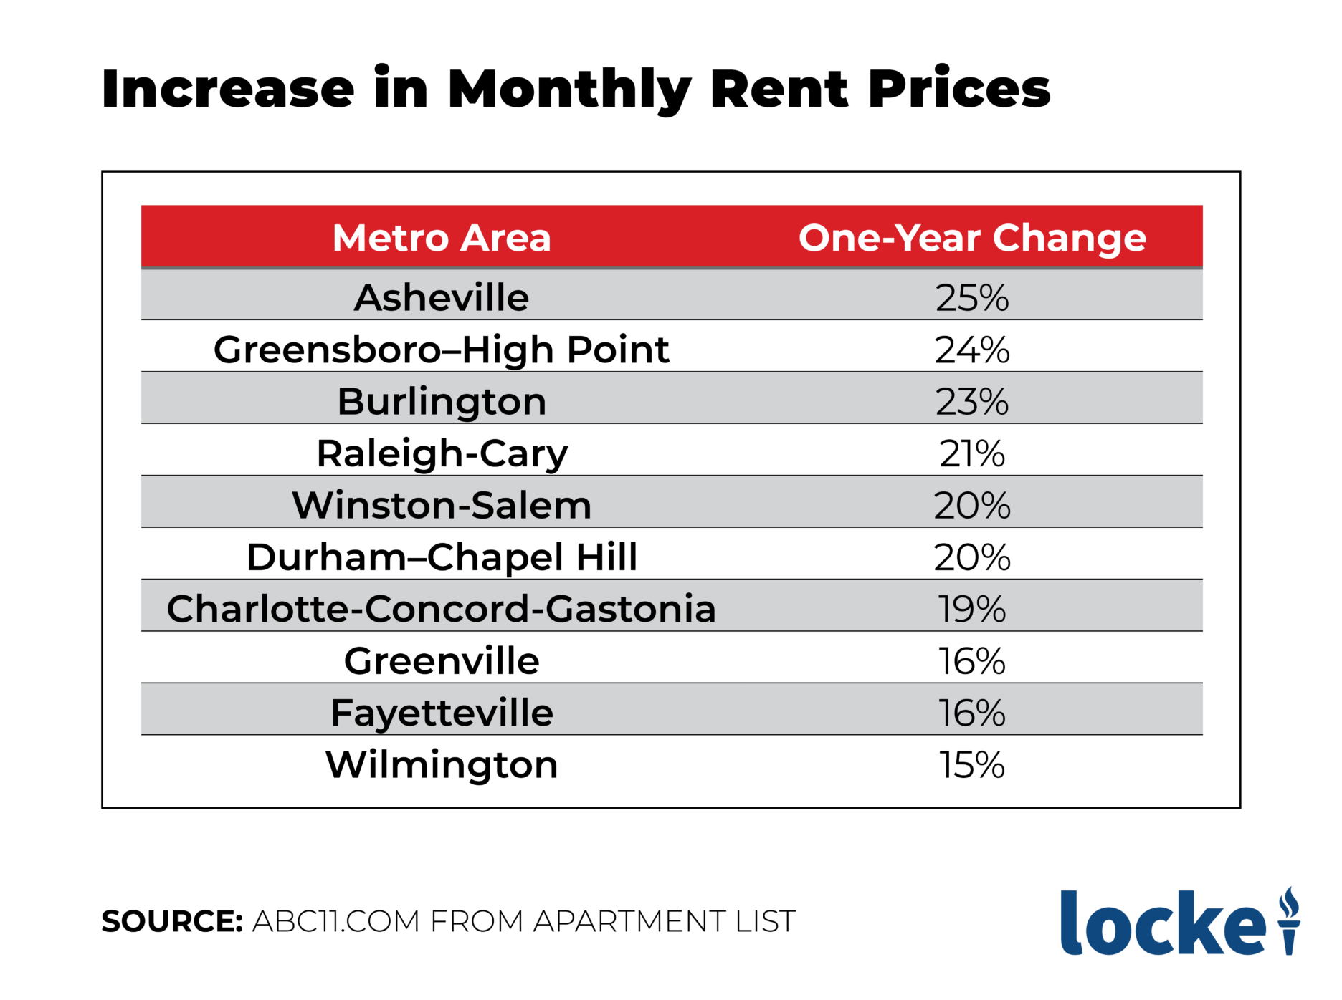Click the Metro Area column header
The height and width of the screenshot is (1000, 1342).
tap(442, 238)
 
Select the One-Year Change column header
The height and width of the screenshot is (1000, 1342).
tap(972, 238)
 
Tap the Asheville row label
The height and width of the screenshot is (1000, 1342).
tap(442, 297)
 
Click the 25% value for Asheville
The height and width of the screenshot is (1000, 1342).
tap(972, 297)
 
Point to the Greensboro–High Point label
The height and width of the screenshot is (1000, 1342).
tap(442, 350)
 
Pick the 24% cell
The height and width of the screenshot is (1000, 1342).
tap(972, 350)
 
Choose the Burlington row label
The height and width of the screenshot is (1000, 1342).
tap(442, 401)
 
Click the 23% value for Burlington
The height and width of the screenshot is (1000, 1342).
tap(972, 401)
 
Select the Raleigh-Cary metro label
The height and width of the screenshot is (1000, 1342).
tap(442, 453)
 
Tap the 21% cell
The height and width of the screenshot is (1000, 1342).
tap(972, 453)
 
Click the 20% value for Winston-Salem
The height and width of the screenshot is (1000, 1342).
tap(972, 505)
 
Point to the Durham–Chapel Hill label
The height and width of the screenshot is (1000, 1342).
tap(442, 557)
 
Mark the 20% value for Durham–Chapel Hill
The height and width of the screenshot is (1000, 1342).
tap(972, 557)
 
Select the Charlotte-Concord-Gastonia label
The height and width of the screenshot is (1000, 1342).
tap(442, 609)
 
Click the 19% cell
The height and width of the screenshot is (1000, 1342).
tap(972, 609)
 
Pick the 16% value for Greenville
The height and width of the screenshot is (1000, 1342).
tap(972, 661)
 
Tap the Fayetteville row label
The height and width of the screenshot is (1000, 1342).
tap(442, 713)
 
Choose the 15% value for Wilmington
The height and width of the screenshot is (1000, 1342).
tap(972, 765)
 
